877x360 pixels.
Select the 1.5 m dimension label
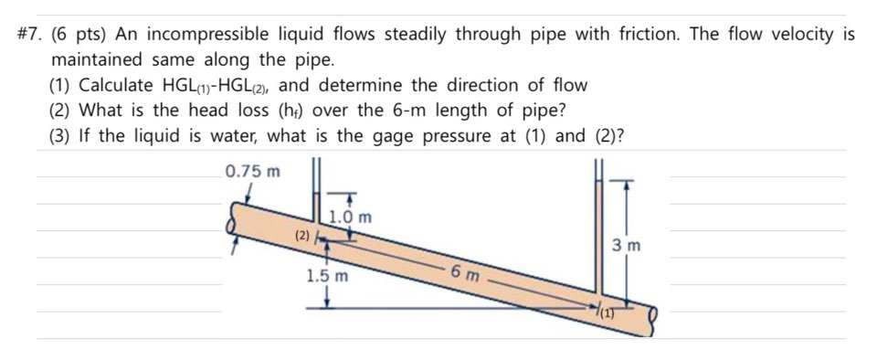point(327,275)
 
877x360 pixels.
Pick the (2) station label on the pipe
point(302,236)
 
